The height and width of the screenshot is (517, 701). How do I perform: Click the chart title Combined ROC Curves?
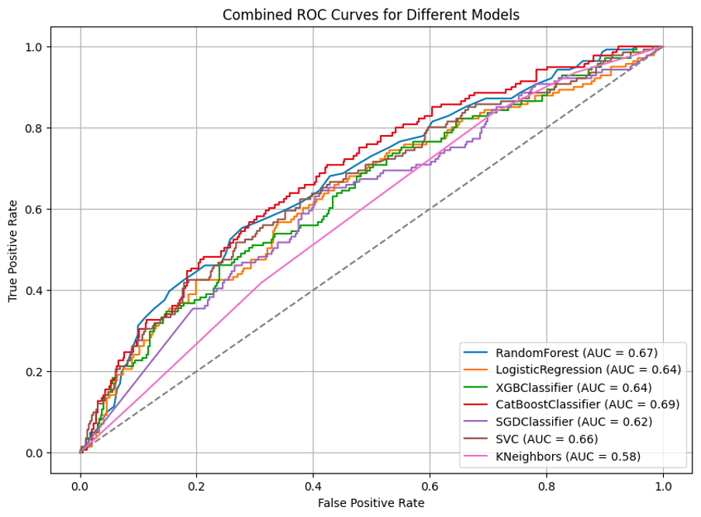click(371, 15)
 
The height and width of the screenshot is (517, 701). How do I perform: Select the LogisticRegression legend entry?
click(588, 370)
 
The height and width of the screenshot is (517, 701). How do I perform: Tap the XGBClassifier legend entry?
click(574, 387)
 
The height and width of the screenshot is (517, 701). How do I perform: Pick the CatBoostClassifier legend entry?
click(587, 404)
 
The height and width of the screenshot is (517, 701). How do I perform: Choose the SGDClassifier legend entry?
click(574, 422)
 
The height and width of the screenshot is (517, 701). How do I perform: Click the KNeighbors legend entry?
click(568, 456)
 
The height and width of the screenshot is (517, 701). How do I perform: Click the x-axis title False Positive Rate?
click(371, 503)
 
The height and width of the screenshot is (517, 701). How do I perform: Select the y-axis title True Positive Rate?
click(13, 250)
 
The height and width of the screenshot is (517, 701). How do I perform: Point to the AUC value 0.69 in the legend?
click(665, 404)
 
